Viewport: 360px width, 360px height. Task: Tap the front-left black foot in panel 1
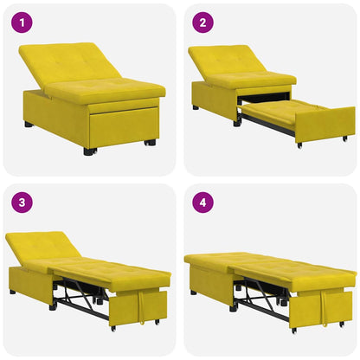click(89, 151)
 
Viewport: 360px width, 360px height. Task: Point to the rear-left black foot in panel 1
click(29, 125)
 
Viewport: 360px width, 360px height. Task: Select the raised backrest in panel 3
click(43, 247)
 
